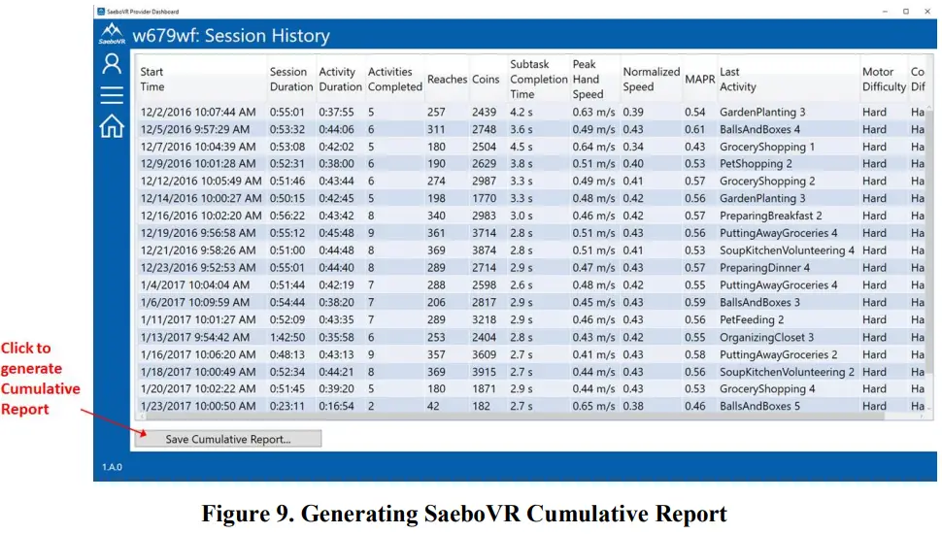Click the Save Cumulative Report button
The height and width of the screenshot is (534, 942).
click(x=228, y=439)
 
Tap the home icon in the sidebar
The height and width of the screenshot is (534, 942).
click(x=112, y=125)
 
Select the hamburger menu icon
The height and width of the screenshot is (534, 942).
click(x=112, y=94)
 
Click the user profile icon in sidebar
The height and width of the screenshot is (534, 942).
click(x=112, y=64)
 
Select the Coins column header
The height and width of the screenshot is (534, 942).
click(x=486, y=79)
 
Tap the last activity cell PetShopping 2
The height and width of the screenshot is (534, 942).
click(x=756, y=164)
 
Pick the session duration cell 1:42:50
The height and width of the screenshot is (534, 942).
click(x=287, y=338)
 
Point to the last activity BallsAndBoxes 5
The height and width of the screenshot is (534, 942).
click(x=759, y=407)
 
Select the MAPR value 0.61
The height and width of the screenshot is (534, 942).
click(x=694, y=130)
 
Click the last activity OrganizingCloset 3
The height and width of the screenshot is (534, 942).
click(x=766, y=338)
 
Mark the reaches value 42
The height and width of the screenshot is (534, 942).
click(x=434, y=407)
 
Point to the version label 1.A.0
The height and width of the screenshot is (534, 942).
click(x=113, y=467)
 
